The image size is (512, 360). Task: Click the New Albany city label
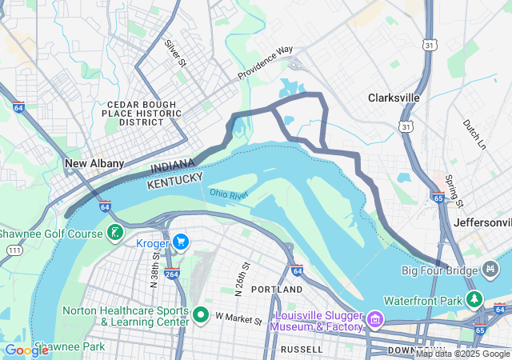click(94, 163)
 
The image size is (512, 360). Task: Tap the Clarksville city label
click(394, 98)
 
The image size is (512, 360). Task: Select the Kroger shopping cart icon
click(182, 241)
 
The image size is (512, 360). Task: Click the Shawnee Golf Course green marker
click(116, 233)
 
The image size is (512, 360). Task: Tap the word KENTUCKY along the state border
click(174, 179)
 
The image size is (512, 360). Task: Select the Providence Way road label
click(265, 63)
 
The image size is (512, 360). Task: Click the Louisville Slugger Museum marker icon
click(374, 321)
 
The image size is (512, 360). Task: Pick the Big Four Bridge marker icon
click(489, 271)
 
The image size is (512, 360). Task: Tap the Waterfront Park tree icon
click(476, 300)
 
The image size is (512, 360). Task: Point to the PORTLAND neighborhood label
click(276, 288)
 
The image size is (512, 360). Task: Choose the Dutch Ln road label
click(474, 134)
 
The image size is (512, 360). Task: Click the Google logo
click(26, 350)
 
